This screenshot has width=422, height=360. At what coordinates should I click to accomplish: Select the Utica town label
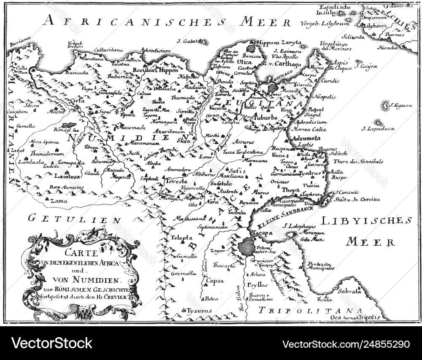click(246, 62)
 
